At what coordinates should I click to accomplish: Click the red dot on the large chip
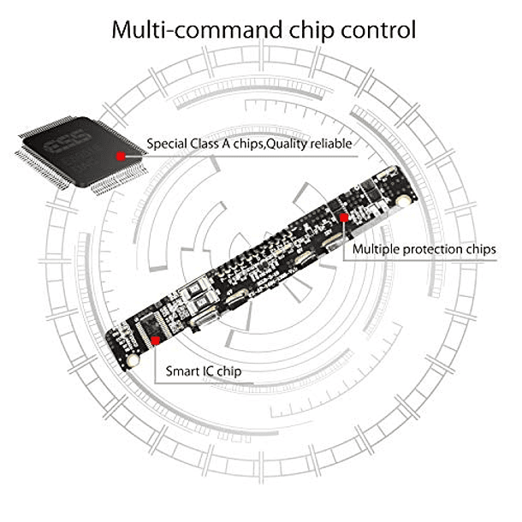click(x=121, y=157)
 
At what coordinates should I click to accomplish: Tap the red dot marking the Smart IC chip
click(x=156, y=338)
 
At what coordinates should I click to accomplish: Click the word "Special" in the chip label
click(x=166, y=144)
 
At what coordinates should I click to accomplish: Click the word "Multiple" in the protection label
click(x=377, y=250)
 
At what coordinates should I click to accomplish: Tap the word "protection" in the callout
click(x=435, y=250)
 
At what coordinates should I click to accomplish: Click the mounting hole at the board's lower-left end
click(x=133, y=362)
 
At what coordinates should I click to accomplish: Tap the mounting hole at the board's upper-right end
click(x=401, y=201)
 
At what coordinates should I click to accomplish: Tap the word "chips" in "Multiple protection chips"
click(x=480, y=250)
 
